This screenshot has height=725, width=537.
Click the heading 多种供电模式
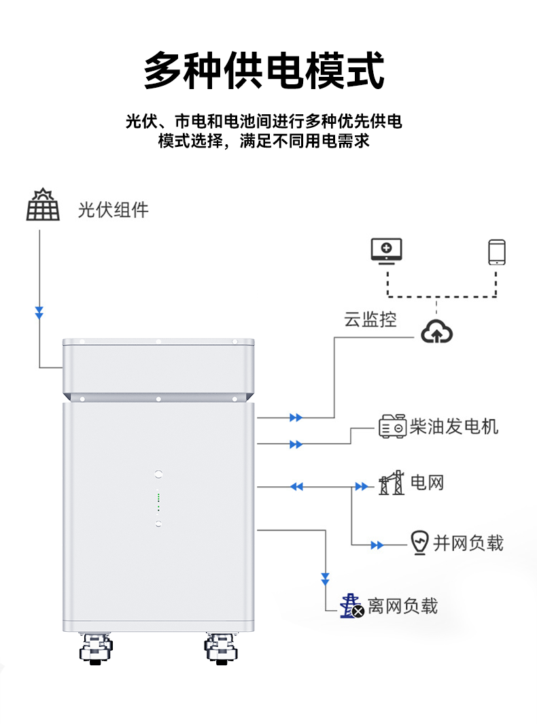(264, 70)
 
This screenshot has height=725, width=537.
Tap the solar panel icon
(43, 205)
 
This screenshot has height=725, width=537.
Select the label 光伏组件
(113, 209)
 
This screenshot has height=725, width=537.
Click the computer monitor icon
(386, 251)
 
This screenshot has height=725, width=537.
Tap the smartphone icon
(497, 252)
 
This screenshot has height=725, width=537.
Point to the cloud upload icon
(436, 332)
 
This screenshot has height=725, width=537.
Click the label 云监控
(370, 320)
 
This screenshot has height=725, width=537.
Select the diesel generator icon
(392, 426)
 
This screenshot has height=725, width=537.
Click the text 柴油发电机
(453, 426)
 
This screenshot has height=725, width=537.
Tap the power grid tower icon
(392, 483)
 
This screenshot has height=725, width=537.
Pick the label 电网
(428, 484)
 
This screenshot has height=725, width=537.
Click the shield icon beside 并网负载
(419, 543)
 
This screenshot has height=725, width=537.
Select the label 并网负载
(468, 543)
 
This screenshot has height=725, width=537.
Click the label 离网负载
(402, 605)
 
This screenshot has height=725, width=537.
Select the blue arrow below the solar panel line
(39, 313)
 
